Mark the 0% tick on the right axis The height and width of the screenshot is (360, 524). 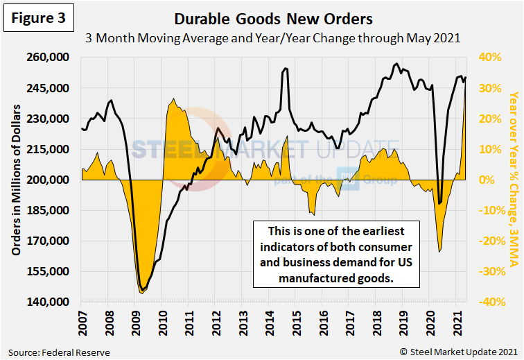tap(488, 180)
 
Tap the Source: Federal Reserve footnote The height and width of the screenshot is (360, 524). tap(59, 352)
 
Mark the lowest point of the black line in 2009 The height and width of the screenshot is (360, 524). tap(142, 289)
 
